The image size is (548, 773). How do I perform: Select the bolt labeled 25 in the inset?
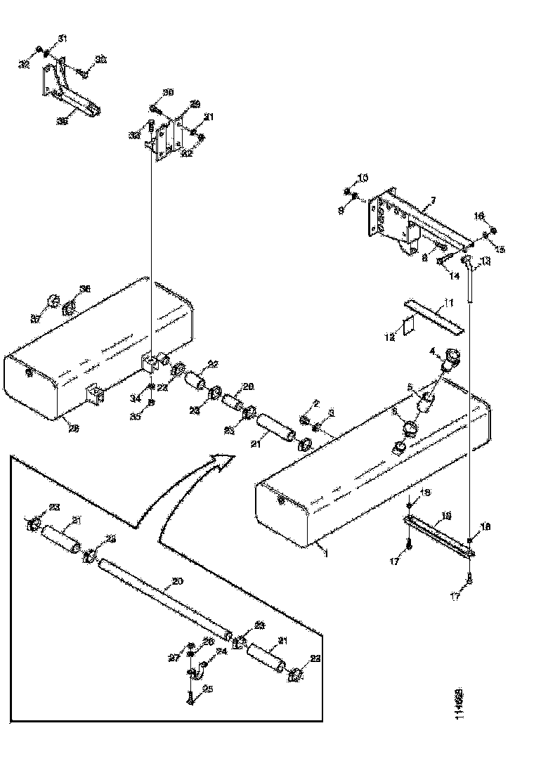tap(190, 698)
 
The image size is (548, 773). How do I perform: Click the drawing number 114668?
tap(458, 703)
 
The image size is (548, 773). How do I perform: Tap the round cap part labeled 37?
tap(51, 304)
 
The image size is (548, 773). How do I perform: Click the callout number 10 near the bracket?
tap(363, 177)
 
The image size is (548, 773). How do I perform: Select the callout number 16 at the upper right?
tap(479, 216)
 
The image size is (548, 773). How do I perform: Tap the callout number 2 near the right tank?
tap(316, 403)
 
